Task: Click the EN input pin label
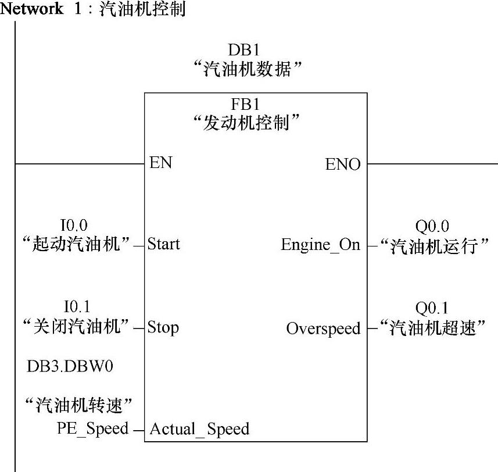tap(161, 162)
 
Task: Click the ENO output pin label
tap(343, 165)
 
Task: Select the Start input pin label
tap(163, 244)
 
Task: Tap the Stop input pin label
tap(163, 327)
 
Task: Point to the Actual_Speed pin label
tap(199, 430)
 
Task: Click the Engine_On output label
tap(320, 245)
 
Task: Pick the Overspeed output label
tap(323, 328)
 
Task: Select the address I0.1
tap(76, 306)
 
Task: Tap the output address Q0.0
tap(432, 226)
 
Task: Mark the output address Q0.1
tap(432, 307)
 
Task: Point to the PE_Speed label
tap(92, 428)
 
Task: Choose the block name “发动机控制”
tap(249, 123)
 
